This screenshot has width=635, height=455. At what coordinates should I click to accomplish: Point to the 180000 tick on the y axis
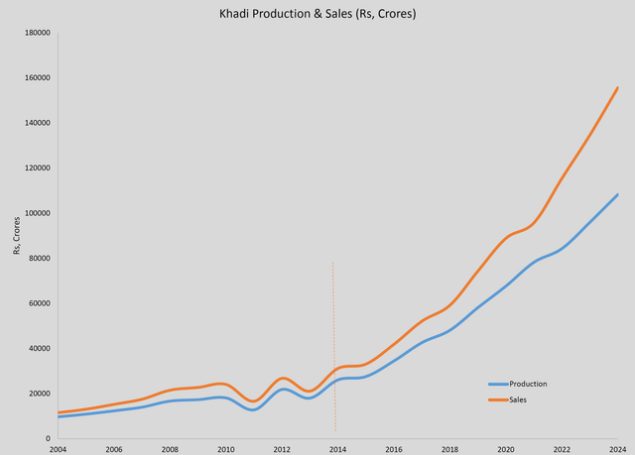point(39,33)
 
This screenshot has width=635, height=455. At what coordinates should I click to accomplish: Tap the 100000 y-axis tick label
point(39,213)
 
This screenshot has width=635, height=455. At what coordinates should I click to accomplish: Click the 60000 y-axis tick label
point(41,303)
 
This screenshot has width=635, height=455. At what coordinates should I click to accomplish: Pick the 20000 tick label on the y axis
point(41,394)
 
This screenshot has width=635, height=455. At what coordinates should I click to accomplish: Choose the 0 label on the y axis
point(50,438)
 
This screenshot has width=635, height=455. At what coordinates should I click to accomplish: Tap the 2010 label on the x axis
point(225,449)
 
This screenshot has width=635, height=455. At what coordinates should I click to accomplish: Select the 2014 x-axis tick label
point(337,449)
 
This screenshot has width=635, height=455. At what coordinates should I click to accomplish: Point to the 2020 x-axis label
point(505,449)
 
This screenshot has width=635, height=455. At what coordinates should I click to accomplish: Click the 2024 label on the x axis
point(617,449)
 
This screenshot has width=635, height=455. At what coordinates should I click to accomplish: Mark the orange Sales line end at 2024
point(617,88)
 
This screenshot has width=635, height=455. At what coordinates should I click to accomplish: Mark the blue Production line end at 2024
point(617,194)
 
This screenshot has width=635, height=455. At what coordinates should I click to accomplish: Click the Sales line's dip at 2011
point(253,400)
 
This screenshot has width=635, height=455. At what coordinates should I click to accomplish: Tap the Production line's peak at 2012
point(282,389)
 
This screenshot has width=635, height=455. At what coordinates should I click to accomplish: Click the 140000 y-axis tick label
point(39,123)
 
